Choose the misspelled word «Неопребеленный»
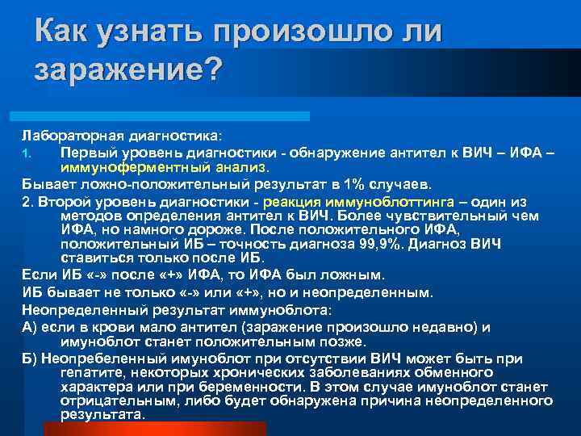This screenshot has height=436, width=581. (x=98, y=358)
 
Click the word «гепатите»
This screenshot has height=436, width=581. (x=94, y=372)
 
